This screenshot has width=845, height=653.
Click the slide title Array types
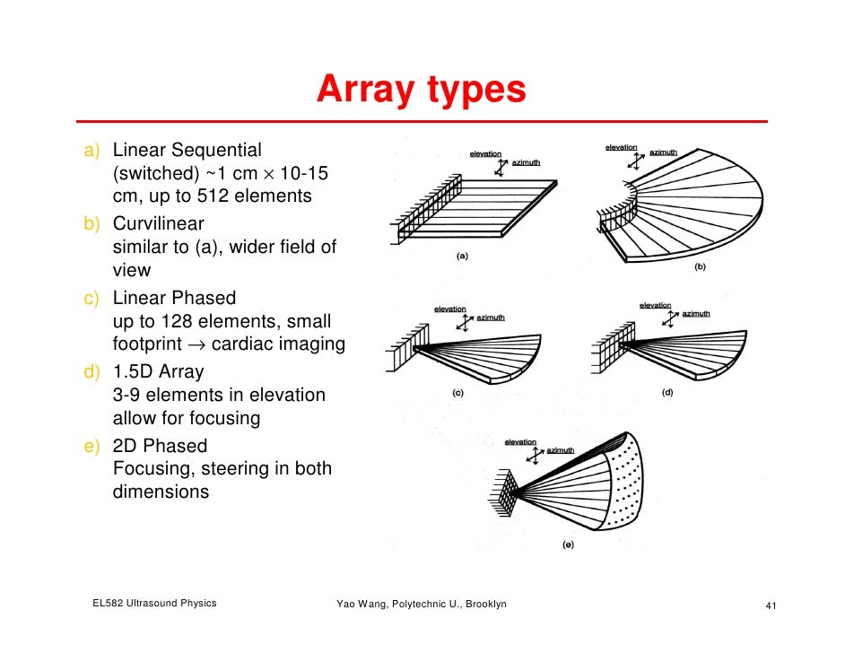pyautogui.click(x=420, y=91)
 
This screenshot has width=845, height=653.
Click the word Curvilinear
pyautogui.click(x=159, y=223)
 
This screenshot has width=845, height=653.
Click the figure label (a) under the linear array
pyautogui.click(x=461, y=257)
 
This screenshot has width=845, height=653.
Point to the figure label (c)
pyautogui.click(x=457, y=393)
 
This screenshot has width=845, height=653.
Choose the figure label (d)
pyautogui.click(x=667, y=392)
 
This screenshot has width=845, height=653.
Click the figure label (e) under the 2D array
pyautogui.click(x=568, y=544)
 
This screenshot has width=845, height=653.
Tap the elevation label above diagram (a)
pyautogui.click(x=485, y=154)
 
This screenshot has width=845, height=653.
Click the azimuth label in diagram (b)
pyautogui.click(x=663, y=152)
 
